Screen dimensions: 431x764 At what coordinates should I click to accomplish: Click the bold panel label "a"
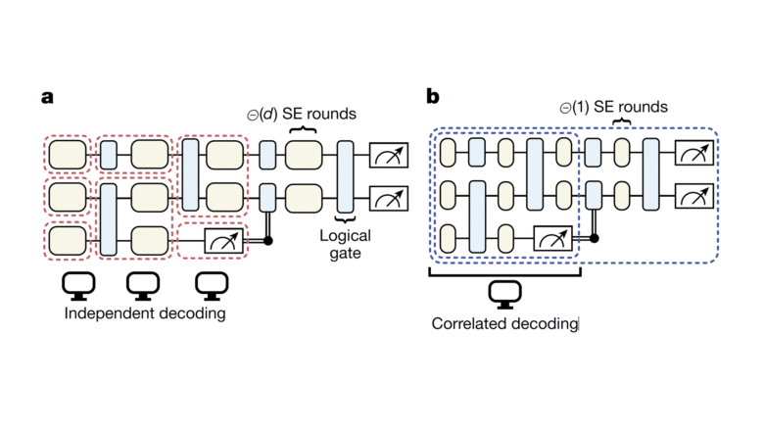(46, 99)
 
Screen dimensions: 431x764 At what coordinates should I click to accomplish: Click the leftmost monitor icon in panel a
(77, 284)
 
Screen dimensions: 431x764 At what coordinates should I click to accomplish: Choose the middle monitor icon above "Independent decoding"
(143, 284)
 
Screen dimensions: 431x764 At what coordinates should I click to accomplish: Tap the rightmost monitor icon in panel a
(208, 284)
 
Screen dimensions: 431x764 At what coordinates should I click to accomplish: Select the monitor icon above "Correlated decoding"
(504, 292)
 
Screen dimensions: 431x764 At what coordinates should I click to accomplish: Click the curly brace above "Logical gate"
(345, 221)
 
